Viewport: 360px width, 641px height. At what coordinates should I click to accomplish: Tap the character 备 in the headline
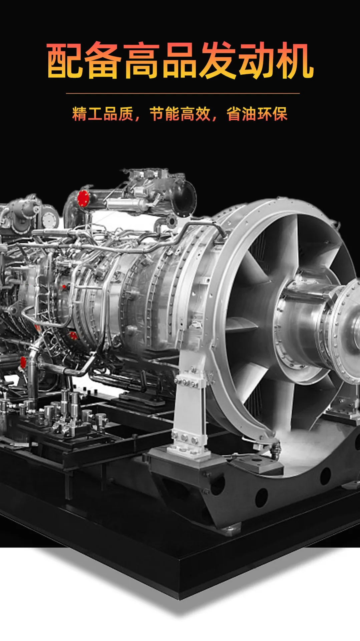(103, 60)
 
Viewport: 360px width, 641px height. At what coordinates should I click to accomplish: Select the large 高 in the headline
(141, 60)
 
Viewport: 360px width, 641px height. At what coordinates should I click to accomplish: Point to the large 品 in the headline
(180, 60)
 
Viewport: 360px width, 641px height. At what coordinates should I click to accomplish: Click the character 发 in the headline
(218, 60)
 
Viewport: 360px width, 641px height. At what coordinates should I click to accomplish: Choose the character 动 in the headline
(257, 60)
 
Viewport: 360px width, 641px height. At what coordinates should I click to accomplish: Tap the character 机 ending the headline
(295, 60)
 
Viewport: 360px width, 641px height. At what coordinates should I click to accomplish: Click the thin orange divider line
(183, 93)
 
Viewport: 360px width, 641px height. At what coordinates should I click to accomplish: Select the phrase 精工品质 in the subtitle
(103, 114)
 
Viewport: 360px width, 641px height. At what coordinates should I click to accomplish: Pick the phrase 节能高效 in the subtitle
(180, 114)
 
